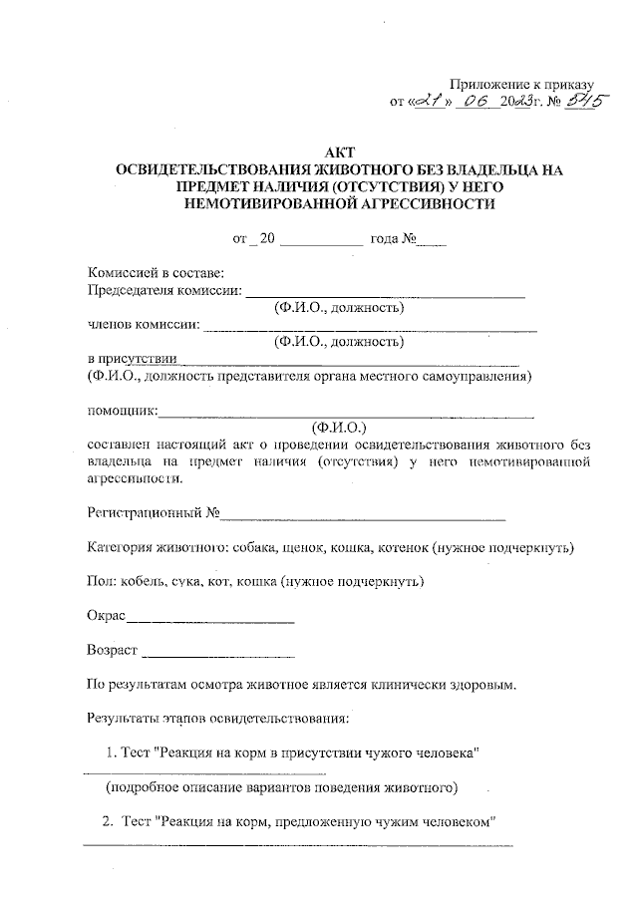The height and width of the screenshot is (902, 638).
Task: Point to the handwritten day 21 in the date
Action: (433, 101)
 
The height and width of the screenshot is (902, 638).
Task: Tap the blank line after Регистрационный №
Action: (363, 517)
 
